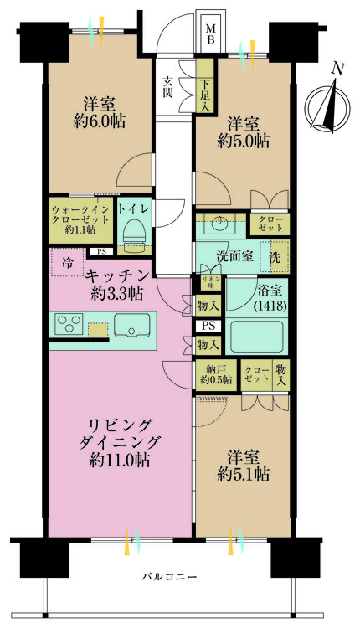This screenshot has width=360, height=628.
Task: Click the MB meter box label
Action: pos(211,33)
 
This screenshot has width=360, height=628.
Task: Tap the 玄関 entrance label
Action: pos(167,86)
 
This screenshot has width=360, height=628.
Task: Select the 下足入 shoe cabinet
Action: pos(205,85)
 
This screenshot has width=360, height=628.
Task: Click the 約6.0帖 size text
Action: pos(100,120)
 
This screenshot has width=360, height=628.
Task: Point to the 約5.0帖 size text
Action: pos(244,140)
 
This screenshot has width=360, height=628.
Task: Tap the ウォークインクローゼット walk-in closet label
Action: pos(80,219)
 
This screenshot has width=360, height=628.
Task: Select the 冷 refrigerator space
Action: pos(67,263)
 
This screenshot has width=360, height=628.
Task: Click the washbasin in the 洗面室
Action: pos(219,222)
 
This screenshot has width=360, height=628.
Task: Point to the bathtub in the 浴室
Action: pos(257,336)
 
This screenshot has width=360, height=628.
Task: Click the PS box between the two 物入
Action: pos(208,326)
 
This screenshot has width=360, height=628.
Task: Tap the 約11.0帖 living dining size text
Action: pos(120,461)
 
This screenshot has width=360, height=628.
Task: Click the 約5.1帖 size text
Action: pos(244,474)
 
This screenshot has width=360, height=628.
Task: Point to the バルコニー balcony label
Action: pos(169,577)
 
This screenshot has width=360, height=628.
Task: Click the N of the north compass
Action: pos(338,69)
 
